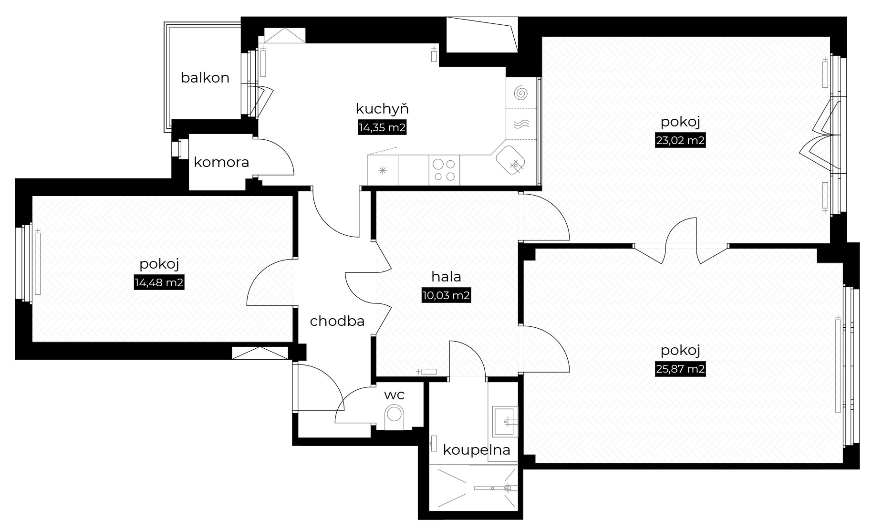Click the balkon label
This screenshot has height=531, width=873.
pyautogui.click(x=205, y=78)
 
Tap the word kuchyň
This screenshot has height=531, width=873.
pyautogui.click(x=382, y=109)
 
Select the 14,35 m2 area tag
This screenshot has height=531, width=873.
pyautogui.click(x=382, y=128)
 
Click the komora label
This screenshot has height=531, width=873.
pyautogui.click(x=221, y=163)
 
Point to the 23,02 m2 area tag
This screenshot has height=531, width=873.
pyautogui.click(x=680, y=141)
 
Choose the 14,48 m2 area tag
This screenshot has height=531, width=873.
pyautogui.click(x=159, y=282)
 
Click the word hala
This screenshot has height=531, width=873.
pyautogui.click(x=446, y=277)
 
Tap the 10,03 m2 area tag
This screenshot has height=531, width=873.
pyautogui.click(x=446, y=295)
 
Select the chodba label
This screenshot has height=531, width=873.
pyautogui.click(x=337, y=322)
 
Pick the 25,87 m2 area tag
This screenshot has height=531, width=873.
pyautogui.click(x=680, y=369)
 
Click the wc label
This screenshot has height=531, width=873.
pyautogui.click(x=394, y=395)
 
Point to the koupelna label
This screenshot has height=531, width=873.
pyautogui.click(x=477, y=450)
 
